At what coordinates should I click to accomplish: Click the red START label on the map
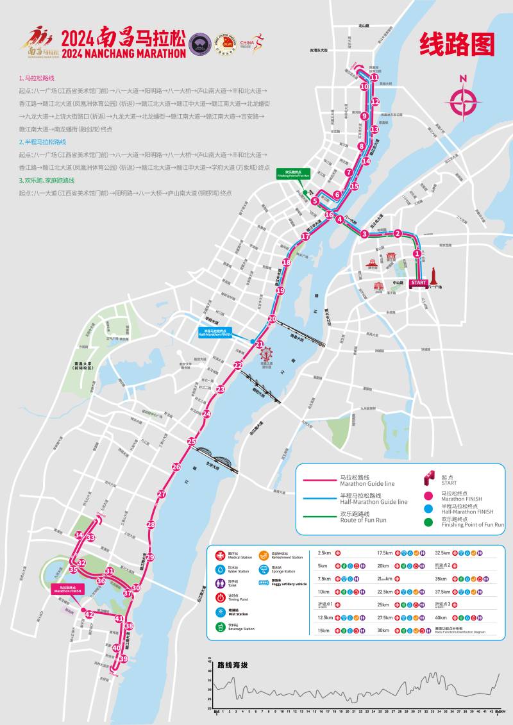[x=419, y=283]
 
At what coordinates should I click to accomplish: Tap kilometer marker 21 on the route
[x=260, y=345]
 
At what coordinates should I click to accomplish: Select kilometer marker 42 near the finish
[x=89, y=615]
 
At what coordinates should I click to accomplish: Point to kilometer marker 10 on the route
[x=364, y=87]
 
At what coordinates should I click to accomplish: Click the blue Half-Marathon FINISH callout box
[x=215, y=332]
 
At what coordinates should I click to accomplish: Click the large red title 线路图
[x=457, y=44]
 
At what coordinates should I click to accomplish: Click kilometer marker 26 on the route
[x=176, y=467]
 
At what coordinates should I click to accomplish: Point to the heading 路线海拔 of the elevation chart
[x=232, y=665]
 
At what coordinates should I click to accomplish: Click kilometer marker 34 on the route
[x=79, y=535]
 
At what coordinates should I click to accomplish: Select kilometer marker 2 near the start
[x=398, y=233]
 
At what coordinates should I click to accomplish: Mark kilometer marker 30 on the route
[x=136, y=588]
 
